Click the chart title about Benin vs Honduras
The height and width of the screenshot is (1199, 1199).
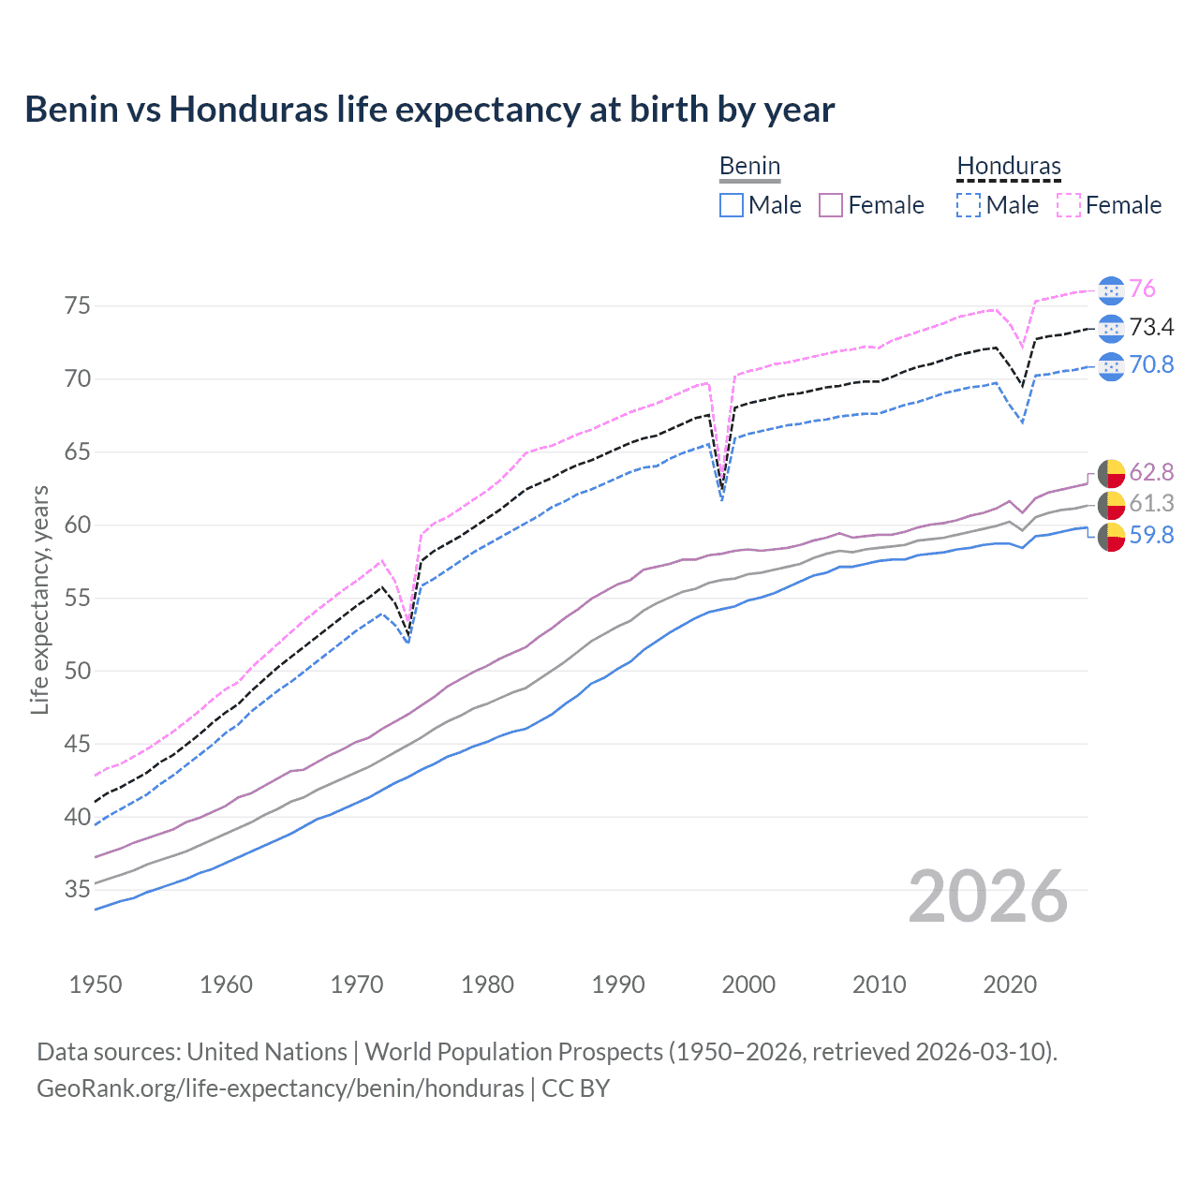click(429, 110)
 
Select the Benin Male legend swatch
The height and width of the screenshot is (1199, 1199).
click(732, 205)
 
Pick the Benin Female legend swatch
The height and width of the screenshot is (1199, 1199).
click(831, 205)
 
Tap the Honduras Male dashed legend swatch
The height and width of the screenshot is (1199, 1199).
click(969, 205)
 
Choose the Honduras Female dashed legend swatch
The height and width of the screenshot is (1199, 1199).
click(1069, 205)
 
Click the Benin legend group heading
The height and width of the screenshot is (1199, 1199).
click(749, 167)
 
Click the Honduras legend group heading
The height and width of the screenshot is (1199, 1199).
click(1009, 167)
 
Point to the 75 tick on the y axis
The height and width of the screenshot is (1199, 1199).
click(78, 306)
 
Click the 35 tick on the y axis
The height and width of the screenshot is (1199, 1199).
click(78, 889)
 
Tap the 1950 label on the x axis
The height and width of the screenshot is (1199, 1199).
click(96, 984)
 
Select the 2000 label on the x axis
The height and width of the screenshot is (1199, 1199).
click(748, 984)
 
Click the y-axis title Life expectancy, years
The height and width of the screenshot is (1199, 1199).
click(40, 599)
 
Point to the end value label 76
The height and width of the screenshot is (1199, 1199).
click(1142, 289)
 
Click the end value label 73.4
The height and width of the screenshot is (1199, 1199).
click(1151, 327)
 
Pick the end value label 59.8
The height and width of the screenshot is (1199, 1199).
click(1151, 535)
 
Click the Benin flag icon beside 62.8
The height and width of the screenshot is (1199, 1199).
click(1111, 473)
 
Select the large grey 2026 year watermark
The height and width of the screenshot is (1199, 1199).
click(987, 896)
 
